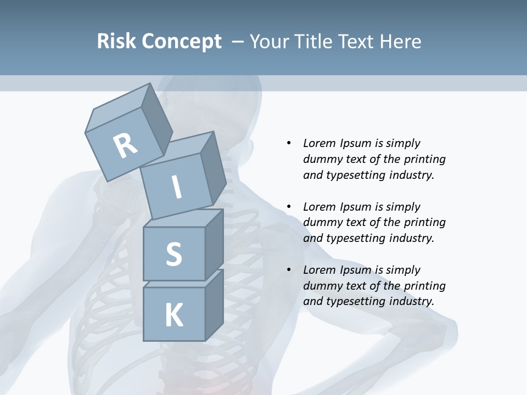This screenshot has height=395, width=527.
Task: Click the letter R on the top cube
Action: [x=125, y=146]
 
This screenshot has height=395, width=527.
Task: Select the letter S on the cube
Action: [x=173, y=254]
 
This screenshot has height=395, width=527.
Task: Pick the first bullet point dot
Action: [x=289, y=143]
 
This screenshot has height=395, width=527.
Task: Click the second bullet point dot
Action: [x=289, y=207]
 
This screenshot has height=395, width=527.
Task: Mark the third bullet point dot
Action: [x=289, y=270]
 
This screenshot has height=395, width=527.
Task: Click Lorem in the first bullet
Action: [x=319, y=143]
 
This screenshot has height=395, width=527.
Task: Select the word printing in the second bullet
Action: [x=424, y=223]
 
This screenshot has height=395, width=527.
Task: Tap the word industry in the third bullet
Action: [x=410, y=301]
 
